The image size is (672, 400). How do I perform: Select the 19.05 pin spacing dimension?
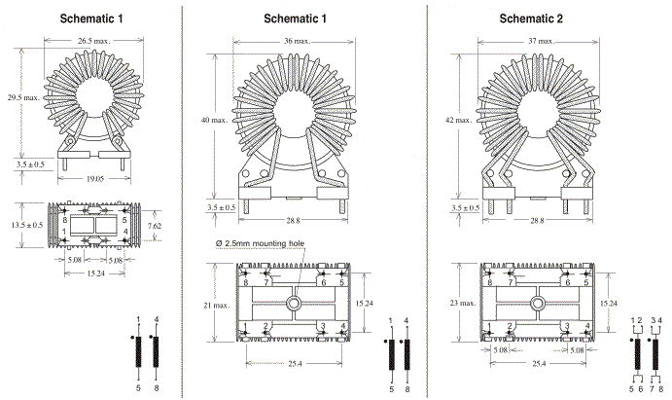[x=94, y=180]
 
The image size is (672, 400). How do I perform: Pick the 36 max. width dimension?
[x=290, y=41]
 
